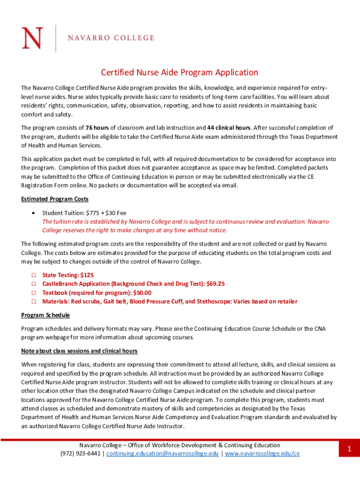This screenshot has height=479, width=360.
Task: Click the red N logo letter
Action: pos(32,38)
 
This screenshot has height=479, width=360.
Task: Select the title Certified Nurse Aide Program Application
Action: pos(180,73)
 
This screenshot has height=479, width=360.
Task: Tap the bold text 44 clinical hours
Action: pos(229,128)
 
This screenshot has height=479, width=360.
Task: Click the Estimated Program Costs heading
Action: pos(55,199)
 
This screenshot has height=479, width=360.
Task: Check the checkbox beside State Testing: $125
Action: pos(34,276)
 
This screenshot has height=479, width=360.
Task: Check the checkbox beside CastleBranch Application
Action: pos(34,284)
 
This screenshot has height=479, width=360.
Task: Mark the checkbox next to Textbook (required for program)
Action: pos(34,293)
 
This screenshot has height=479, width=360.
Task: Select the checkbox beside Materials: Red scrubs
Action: pos(34,302)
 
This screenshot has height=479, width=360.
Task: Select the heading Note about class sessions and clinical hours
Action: pos(79,351)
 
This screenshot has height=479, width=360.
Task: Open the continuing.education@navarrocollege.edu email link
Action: pos(162,454)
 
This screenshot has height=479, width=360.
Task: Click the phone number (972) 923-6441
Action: pos(81,454)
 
